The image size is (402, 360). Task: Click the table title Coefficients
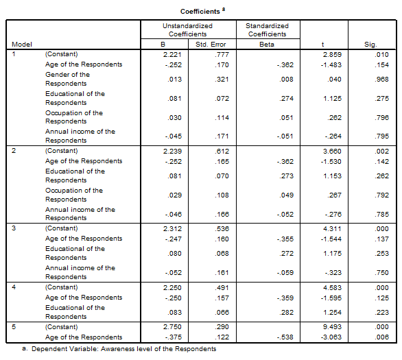click(200, 12)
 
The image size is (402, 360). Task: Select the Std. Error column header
click(211, 45)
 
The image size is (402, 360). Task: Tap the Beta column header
click(267, 45)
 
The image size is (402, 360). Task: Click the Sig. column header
click(370, 45)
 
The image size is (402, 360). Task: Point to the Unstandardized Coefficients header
click(188, 29)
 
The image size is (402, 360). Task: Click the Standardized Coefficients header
click(267, 29)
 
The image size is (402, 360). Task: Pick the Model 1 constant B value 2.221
click(172, 55)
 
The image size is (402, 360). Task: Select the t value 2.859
click(332, 55)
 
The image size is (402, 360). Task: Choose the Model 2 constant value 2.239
click(172, 151)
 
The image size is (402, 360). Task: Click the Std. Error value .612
click(222, 151)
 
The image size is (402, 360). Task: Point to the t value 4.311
click(332, 228)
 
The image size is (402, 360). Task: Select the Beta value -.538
click(285, 337)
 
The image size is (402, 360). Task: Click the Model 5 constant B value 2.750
click(172, 326)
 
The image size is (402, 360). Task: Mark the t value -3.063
click(331, 337)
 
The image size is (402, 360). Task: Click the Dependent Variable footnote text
click(124, 349)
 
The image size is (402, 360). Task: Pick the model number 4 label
click(14, 287)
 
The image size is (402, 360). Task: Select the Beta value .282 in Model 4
click(286, 312)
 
